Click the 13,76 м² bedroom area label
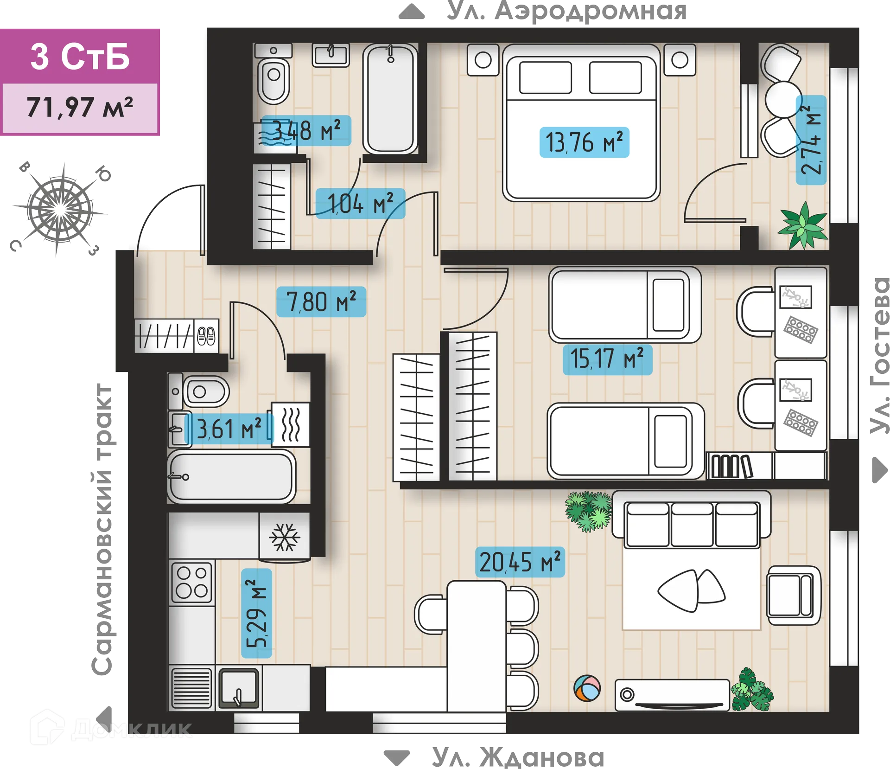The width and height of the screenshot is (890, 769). (x=584, y=142)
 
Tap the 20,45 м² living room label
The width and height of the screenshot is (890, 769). (x=520, y=562)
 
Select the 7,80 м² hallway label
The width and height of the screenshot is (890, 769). (x=321, y=302)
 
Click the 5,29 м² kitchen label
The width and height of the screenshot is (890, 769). (x=256, y=613)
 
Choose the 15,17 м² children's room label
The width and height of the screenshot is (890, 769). (x=607, y=359)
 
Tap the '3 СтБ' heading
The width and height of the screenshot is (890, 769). (x=80, y=57)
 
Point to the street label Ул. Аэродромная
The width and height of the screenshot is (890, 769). (x=566, y=11)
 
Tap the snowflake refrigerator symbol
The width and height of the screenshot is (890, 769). (x=285, y=537)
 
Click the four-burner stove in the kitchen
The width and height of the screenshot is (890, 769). (x=191, y=582)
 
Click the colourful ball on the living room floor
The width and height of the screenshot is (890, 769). (x=586, y=688)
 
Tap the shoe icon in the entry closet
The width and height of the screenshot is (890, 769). (x=206, y=335)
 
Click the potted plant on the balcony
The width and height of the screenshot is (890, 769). (x=803, y=225)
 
